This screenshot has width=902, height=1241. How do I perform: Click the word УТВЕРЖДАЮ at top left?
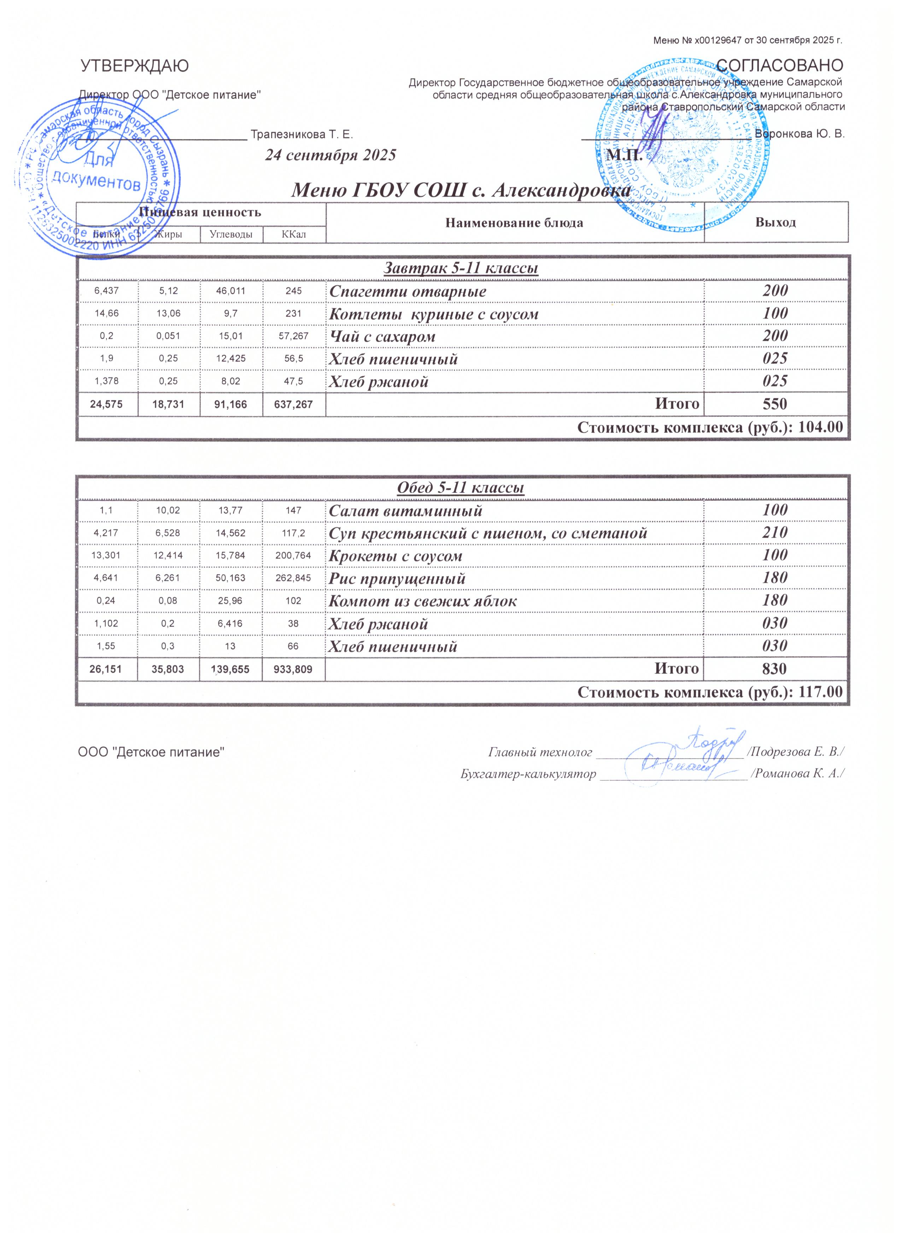pos(135,66)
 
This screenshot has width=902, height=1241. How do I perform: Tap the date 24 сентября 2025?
pos(330,156)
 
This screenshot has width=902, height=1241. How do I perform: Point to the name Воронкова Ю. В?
pos(800,134)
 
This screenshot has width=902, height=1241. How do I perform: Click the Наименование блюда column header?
pos(514,223)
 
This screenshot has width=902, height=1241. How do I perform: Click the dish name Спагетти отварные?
pos(408,292)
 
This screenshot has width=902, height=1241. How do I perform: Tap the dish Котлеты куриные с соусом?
pos(433,315)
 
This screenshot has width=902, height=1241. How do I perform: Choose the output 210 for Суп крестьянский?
pos(775,532)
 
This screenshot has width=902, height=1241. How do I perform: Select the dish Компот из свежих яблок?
pos(422,601)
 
